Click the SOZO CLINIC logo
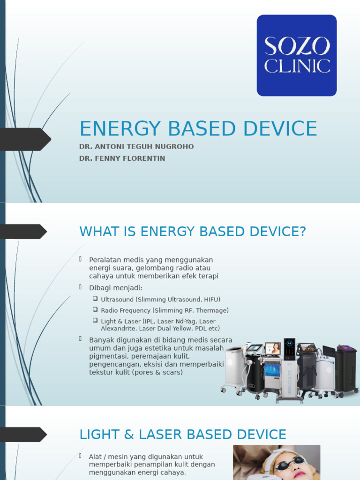click(296, 55)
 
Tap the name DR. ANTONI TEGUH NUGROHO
click(136, 147)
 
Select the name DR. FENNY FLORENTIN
click(122, 158)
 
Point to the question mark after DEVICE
click(302, 232)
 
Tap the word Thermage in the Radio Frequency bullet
click(212, 310)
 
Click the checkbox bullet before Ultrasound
click(95, 299)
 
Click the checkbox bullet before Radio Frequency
click(95, 309)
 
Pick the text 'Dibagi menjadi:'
click(116, 288)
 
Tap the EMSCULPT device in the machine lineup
click(289, 370)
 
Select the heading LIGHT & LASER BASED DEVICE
click(183, 435)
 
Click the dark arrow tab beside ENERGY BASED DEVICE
click(26, 139)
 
